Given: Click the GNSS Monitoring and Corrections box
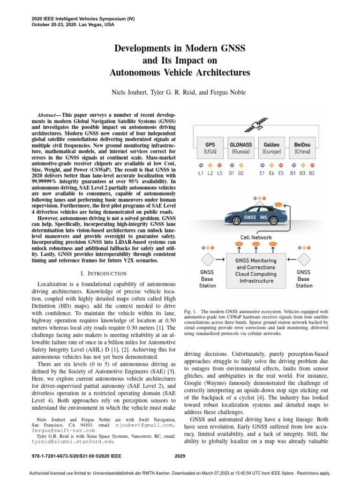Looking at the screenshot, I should (256, 270).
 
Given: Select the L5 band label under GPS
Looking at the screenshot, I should (220, 173).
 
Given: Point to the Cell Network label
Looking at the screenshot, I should (256, 238).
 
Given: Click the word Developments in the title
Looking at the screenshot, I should (143, 48).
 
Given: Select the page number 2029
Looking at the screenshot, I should (180, 455).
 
